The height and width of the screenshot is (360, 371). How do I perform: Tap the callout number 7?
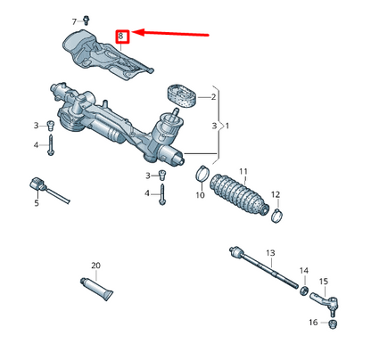tap(75, 20)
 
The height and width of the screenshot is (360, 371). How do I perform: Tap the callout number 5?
tap(37, 204)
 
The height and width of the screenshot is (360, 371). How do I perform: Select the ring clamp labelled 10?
tap(202, 173)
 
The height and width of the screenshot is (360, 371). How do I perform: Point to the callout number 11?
tap(243, 170)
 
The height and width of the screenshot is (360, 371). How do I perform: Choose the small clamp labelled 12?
tap(278, 213)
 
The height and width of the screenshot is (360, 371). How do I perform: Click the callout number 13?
tap(271, 253)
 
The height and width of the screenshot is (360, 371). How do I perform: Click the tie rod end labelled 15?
tap(312, 322)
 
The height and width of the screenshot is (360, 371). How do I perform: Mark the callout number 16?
tap(312, 322)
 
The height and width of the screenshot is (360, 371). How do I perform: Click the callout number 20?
tap(95, 266)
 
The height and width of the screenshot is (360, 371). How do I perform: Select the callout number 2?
tap(213, 96)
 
